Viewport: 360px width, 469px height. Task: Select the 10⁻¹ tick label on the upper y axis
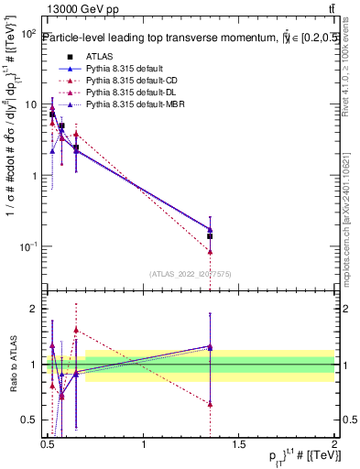tap(29, 247)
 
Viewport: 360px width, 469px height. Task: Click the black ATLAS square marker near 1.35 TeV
tap(210, 236)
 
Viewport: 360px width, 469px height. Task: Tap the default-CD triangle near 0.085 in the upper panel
tap(210, 251)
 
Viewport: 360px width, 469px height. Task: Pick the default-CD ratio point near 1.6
tap(76, 330)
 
